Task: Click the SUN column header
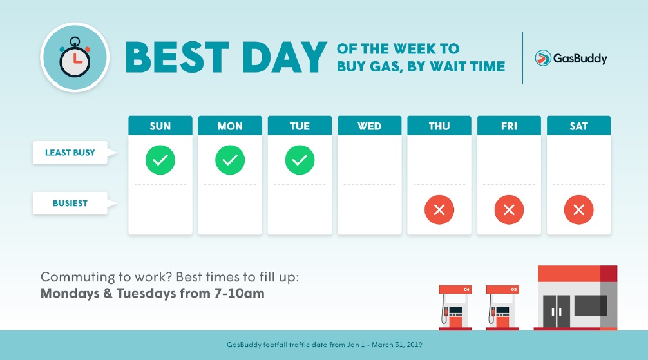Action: coord(160,126)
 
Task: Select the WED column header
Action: coord(370,126)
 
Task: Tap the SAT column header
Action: coord(578,126)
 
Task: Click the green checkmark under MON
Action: coord(230,160)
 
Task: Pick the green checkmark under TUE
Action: coord(300,160)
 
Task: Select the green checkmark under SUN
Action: coord(160,160)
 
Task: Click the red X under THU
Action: coord(439,209)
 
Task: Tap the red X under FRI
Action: coord(509,209)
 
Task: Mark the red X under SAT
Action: coord(578,209)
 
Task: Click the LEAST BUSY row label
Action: coord(70,153)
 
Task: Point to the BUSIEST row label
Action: coord(70,203)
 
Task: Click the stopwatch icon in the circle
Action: coord(75,57)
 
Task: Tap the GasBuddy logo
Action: coord(571,58)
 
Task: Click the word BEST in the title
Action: coord(177,57)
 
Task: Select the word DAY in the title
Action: coord(285,57)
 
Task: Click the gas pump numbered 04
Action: coord(455,307)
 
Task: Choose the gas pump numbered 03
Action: coord(502,307)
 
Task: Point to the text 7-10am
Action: coord(239,294)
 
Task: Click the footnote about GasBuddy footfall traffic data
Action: coord(325,345)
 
